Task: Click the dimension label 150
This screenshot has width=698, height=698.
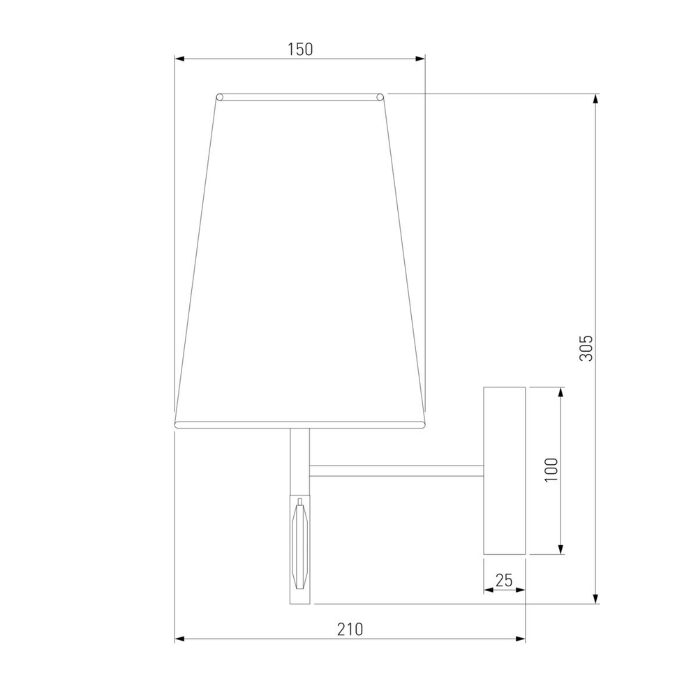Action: coord(300,49)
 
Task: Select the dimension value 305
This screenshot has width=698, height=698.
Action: coord(586,347)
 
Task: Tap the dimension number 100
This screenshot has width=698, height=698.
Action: coord(551,471)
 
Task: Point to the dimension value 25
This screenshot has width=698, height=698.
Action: coord(504,579)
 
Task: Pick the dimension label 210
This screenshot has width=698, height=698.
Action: coord(350,629)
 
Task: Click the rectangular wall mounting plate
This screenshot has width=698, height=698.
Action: coord(504,471)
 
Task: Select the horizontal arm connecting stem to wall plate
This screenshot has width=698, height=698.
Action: coord(396,471)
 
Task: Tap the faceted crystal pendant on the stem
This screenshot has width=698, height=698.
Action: coord(300,542)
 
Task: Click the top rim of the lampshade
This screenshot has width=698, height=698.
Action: coord(300,96)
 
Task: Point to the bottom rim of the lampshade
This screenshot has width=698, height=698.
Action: coord(299,424)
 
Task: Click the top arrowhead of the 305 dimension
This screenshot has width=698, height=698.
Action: coord(595,98)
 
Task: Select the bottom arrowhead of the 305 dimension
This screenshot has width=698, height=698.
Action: coord(595,598)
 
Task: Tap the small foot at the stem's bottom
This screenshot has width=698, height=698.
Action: coord(300,597)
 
